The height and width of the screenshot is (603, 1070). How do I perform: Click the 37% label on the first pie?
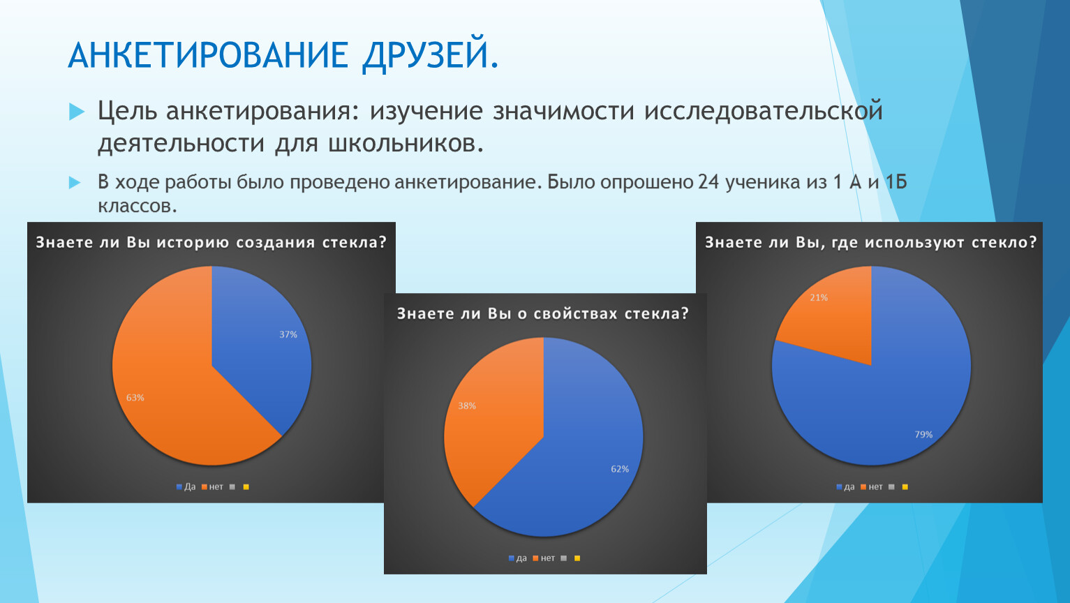click(288, 334)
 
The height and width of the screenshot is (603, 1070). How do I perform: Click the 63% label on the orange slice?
click(135, 398)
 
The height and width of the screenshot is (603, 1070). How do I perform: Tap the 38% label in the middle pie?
click(467, 405)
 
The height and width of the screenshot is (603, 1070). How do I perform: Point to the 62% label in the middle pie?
click(620, 469)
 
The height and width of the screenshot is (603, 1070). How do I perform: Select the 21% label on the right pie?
click(819, 298)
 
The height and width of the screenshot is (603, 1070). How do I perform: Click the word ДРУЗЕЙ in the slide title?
click(431, 55)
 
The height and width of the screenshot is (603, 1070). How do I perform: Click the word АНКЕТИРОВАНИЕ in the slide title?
click(208, 54)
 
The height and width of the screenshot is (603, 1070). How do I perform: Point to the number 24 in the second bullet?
click(708, 182)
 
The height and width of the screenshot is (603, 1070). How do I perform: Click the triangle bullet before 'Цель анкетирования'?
click(77, 112)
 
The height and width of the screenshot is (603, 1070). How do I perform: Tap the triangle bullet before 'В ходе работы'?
click(75, 182)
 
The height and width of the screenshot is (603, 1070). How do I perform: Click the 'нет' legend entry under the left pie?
click(213, 487)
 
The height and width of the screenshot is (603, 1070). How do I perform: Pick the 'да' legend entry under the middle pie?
click(518, 558)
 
